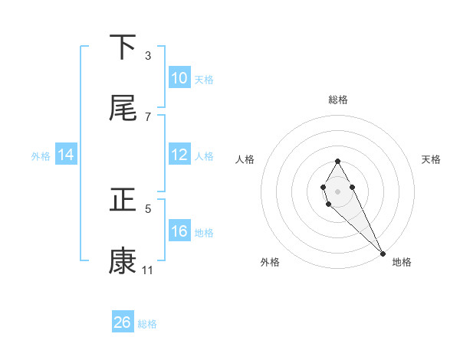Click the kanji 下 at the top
tap(123, 48)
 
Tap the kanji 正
tap(123, 201)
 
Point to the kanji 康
tap(123, 261)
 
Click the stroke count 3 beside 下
tap(148, 56)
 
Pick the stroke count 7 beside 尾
tap(148, 116)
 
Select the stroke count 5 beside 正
tap(148, 208)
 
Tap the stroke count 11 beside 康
tap(148, 270)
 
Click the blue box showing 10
tap(179, 78)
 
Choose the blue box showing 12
tap(179, 155)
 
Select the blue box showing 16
tap(179, 231)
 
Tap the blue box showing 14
tap(66, 155)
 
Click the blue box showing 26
tap(123, 322)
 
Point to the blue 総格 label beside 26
tap(147, 324)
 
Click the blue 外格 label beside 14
tap(41, 156)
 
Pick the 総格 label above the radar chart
tap(337, 100)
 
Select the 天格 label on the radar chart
tap(432, 159)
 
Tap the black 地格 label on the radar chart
tap(402, 263)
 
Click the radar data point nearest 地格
tap(383, 254)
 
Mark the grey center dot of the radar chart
tap(337, 190)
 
